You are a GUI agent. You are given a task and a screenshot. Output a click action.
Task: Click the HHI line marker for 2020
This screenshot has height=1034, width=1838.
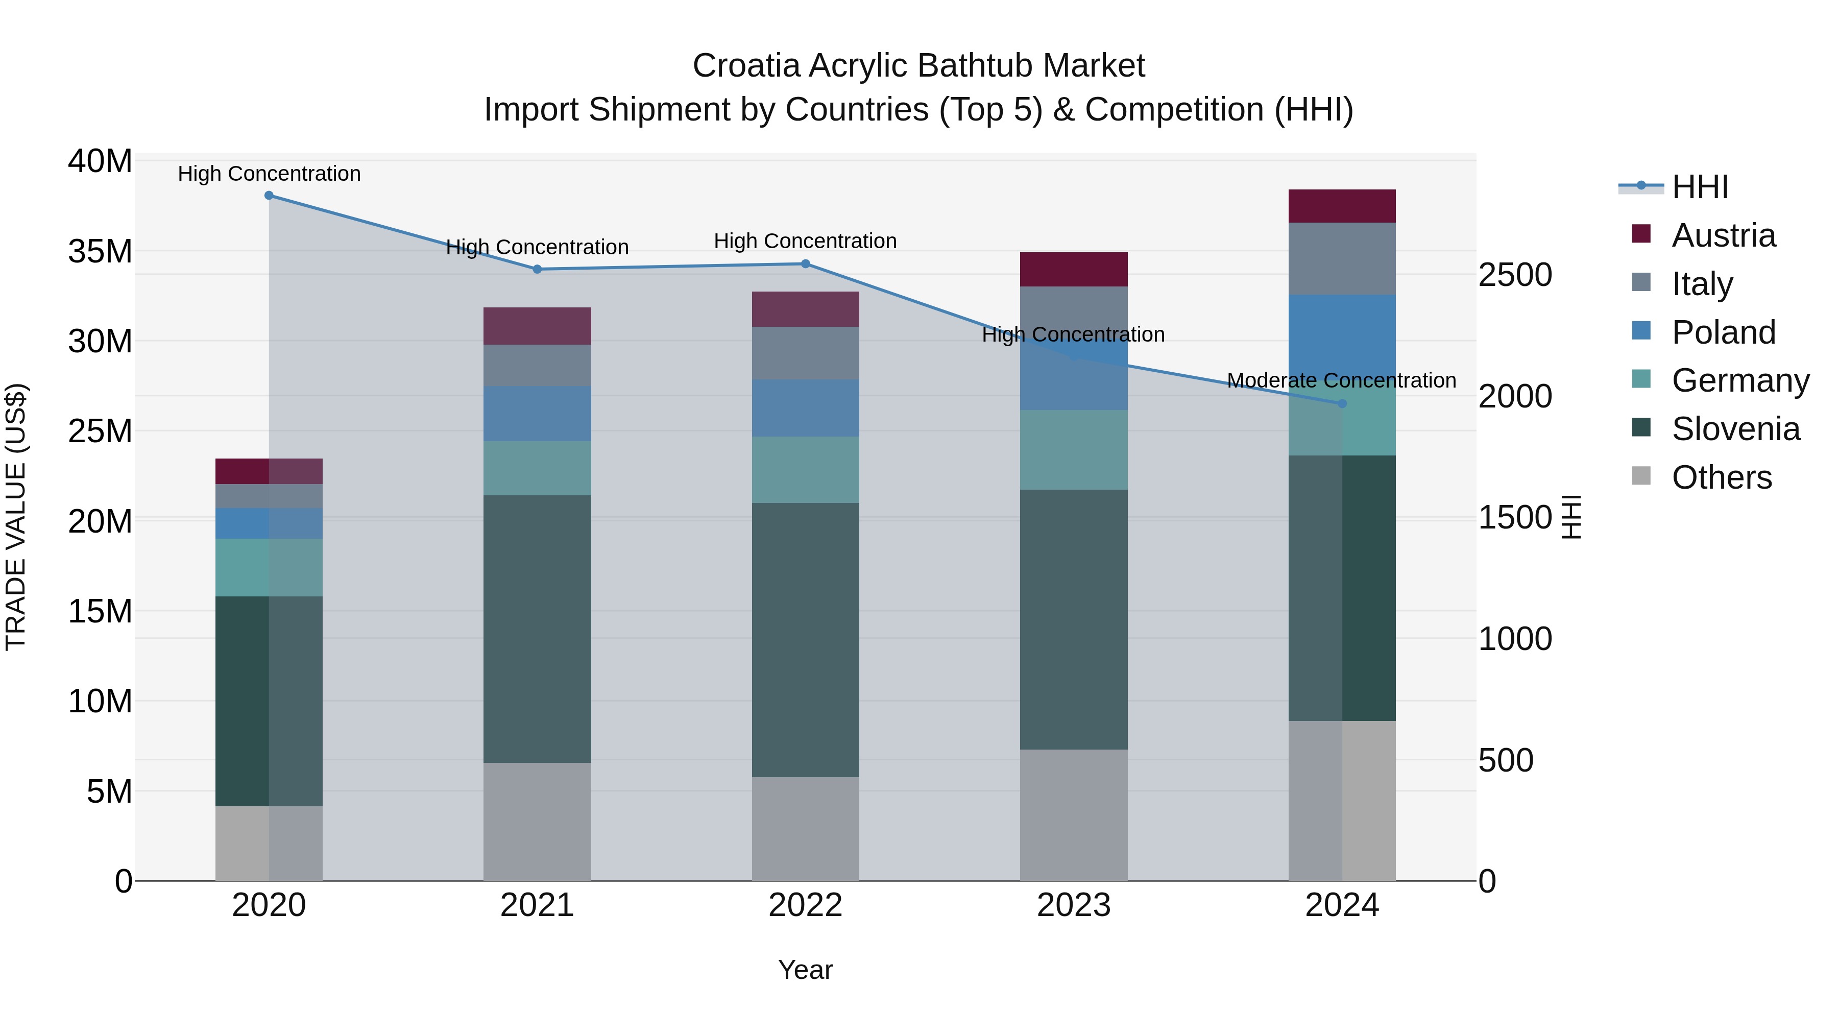click(x=269, y=196)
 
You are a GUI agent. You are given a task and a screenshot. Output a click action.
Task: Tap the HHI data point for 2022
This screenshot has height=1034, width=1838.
click(x=806, y=264)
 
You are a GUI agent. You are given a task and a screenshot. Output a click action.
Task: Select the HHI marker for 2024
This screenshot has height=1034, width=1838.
click(x=1342, y=404)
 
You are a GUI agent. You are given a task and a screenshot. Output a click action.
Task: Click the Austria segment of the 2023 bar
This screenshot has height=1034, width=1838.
click(x=1074, y=270)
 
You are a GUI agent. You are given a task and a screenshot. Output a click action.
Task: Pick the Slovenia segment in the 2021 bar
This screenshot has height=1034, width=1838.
click(x=537, y=630)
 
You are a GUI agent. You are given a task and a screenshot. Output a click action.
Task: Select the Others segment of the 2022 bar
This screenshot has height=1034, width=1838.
click(x=806, y=829)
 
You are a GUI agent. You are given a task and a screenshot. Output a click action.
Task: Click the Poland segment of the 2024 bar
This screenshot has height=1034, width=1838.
click(x=1342, y=335)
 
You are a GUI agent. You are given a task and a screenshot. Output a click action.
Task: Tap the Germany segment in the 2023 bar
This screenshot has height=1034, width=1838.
click(x=1074, y=449)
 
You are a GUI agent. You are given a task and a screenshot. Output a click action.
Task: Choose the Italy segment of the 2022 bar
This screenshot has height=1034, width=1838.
click(x=806, y=353)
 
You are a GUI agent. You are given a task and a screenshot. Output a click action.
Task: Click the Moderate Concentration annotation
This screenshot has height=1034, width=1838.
click(x=1341, y=381)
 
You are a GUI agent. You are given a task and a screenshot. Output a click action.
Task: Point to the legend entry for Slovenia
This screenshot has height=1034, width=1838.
click(x=1735, y=429)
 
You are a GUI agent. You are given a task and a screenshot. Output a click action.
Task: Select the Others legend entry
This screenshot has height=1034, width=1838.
click(x=1721, y=478)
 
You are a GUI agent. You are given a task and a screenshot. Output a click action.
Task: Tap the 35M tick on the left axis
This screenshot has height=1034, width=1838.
click(x=100, y=252)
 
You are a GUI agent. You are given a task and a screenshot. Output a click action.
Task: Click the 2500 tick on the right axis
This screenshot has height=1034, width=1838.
click(x=1515, y=275)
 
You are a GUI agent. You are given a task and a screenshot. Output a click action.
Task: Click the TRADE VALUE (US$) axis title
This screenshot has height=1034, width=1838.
click(x=16, y=517)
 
